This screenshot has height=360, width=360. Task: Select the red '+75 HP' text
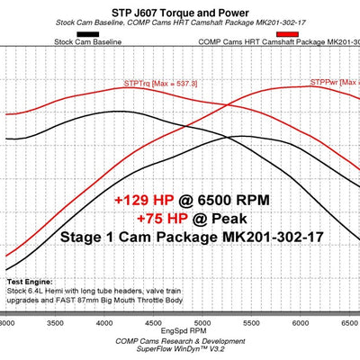[x=162, y=218]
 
